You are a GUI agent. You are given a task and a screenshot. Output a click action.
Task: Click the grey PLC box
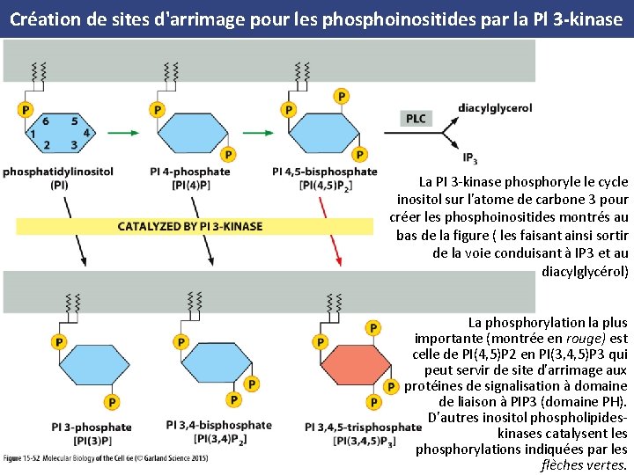[416, 119]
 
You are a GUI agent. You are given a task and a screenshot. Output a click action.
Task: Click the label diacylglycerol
[495, 108]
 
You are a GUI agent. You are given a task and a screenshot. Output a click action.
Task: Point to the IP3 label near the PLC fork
[470, 158]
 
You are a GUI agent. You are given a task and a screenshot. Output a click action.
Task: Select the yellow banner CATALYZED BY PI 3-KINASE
[190, 226]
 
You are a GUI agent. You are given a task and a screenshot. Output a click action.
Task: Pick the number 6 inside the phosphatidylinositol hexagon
[45, 121]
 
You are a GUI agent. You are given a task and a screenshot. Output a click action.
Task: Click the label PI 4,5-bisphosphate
[325, 172]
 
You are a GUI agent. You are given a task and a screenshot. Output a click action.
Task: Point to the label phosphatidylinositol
[58, 172]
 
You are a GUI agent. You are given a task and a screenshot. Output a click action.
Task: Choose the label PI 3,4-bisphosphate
[218, 426]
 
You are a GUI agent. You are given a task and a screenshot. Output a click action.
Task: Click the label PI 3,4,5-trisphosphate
[363, 427]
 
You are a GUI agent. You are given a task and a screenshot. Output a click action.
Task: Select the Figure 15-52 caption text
[106, 459]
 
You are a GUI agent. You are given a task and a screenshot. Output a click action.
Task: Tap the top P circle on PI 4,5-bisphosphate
[341, 96]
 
